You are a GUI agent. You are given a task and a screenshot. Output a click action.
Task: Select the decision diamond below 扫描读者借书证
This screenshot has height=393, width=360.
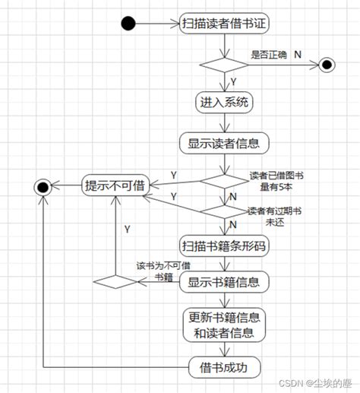pos(224,65)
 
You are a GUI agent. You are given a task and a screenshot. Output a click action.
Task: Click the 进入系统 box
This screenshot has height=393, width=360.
pos(223,102)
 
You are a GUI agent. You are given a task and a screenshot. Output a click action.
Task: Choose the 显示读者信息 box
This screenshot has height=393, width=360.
pos(224,142)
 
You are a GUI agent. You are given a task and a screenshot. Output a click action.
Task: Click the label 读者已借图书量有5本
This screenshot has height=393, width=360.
pos(276,181)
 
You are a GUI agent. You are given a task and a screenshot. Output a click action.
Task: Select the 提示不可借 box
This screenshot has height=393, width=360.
pos(115,185)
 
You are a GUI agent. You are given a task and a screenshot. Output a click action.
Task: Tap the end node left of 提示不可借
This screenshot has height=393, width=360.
pos(42,185)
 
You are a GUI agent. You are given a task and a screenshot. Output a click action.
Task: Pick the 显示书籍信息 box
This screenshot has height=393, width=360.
pos(224,283)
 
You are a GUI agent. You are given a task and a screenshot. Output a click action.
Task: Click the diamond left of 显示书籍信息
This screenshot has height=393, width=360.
pos(114,282)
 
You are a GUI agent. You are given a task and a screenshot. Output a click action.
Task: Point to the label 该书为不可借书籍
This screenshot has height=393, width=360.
pos(163,271)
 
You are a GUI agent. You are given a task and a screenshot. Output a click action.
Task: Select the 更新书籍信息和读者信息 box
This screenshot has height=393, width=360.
pos(224,325)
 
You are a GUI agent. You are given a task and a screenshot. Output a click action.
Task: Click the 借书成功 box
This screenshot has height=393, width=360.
pos(224,367)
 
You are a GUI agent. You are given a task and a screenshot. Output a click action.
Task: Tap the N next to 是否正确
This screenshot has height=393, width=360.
pos(298,55)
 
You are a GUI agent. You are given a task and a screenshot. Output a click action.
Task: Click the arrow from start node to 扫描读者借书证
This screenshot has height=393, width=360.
pos(159,23)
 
